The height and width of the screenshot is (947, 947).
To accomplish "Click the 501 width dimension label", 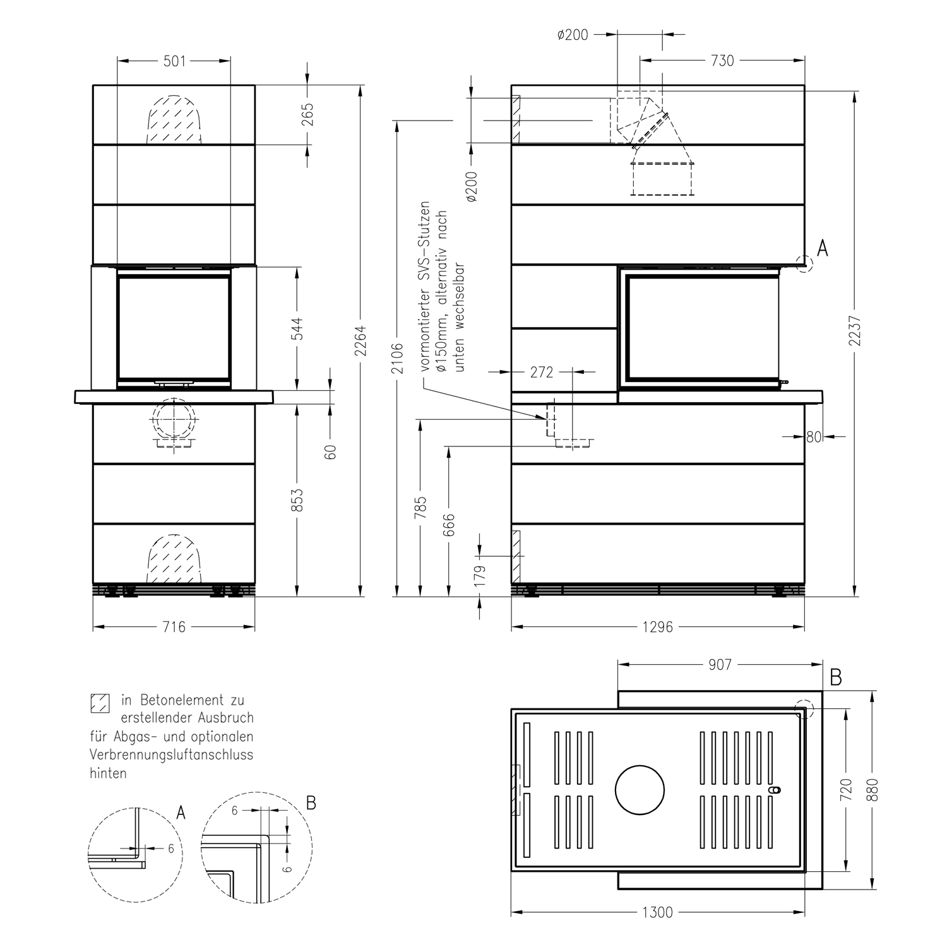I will click(x=174, y=61).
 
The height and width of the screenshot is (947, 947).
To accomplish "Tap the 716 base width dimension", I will click(x=174, y=627).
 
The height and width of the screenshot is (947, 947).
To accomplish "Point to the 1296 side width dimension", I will click(x=657, y=627).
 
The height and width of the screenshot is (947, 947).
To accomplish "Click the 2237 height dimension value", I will click(x=855, y=330).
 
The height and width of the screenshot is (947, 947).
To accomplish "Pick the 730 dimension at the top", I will click(x=722, y=61).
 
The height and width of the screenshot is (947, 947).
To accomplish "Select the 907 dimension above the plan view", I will click(x=720, y=665).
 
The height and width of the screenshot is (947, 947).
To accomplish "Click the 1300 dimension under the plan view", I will click(x=657, y=912).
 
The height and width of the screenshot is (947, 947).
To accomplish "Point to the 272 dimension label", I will click(x=541, y=372).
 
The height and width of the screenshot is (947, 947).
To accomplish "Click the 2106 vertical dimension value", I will click(x=396, y=358).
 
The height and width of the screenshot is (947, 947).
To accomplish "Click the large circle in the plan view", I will click(x=640, y=790).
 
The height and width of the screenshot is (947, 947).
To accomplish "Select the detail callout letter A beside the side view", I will click(x=822, y=249).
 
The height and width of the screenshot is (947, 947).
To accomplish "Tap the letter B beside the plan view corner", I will click(x=835, y=678).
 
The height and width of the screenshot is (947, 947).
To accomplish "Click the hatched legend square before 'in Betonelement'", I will click(x=100, y=703).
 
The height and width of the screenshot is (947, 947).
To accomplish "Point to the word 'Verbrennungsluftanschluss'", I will click(x=171, y=754).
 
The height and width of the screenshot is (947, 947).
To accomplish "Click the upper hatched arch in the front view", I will click(x=174, y=120).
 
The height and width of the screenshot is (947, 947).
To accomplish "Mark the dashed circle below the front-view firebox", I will click(x=173, y=419).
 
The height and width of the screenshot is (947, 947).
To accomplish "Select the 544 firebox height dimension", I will click(x=297, y=328).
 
